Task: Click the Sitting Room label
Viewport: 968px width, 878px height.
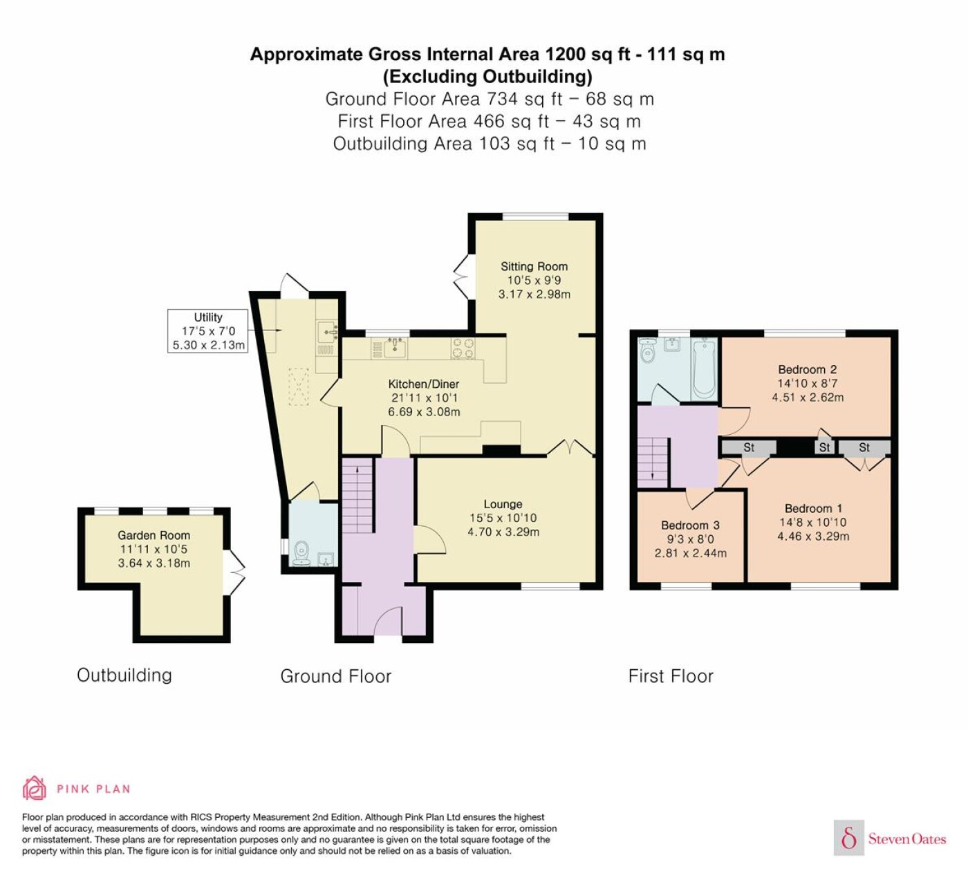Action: [x=534, y=266]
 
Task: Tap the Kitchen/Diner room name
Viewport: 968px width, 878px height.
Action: [x=423, y=384]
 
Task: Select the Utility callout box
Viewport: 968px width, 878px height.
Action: [x=208, y=330]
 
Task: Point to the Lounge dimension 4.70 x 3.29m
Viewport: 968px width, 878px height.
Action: [x=503, y=532]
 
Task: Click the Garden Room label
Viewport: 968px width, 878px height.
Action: [x=153, y=535]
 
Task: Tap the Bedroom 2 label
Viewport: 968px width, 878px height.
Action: [x=808, y=369]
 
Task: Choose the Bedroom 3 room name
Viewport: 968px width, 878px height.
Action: [x=690, y=525]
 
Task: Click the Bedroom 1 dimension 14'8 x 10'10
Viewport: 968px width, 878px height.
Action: [x=812, y=522]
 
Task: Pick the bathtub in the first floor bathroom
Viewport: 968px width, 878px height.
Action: [x=704, y=368]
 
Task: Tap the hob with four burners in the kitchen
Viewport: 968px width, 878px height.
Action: [x=463, y=348]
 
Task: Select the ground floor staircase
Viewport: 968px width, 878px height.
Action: [x=357, y=496]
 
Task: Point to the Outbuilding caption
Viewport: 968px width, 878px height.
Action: [x=124, y=675]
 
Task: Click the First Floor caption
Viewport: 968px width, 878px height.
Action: [x=671, y=675]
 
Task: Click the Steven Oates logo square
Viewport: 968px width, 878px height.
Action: [x=849, y=837]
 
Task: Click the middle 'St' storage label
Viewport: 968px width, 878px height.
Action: [x=824, y=447]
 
